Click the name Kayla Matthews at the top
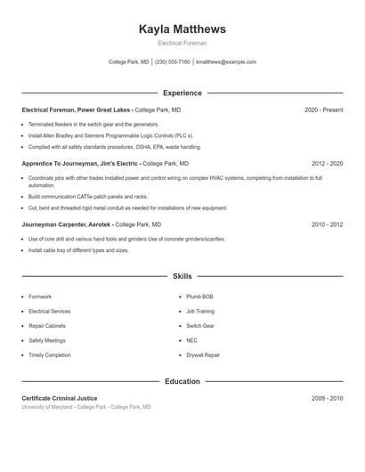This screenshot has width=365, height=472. pyautogui.click(x=182, y=29)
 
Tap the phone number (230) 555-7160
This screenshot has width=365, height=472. pyautogui.click(x=172, y=62)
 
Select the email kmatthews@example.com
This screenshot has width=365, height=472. pyautogui.click(x=226, y=62)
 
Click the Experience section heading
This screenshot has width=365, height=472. pyautogui.click(x=182, y=93)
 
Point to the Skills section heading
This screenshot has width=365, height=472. pyautogui.click(x=182, y=277)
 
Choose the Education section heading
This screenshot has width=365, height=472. pyautogui.click(x=182, y=381)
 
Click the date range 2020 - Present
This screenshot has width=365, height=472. pyautogui.click(x=323, y=110)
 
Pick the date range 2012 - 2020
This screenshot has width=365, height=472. pyautogui.click(x=327, y=164)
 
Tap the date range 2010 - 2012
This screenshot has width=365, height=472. pyautogui.click(x=327, y=225)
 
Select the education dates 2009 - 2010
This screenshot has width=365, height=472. pyautogui.click(x=327, y=398)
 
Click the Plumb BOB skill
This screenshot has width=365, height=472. pyautogui.click(x=199, y=297)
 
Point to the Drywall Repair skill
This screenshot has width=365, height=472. pyautogui.click(x=203, y=354)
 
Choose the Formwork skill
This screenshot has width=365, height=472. pyautogui.click(x=40, y=297)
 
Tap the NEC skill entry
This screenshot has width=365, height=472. pyautogui.click(x=191, y=340)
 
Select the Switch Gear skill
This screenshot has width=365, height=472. pyautogui.click(x=200, y=326)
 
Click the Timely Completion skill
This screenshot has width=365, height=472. pyautogui.click(x=49, y=354)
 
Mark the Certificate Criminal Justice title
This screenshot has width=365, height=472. pyautogui.click(x=60, y=398)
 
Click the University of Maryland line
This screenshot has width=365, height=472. pyautogui.click(x=86, y=407)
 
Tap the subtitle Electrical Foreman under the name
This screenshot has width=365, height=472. pyautogui.click(x=182, y=43)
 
